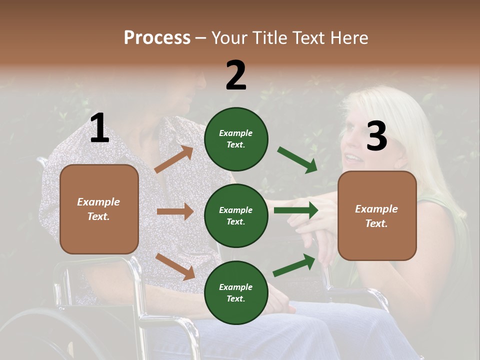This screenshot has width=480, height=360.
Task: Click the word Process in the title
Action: pyautogui.click(x=157, y=38)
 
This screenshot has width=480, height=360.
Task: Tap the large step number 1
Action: pyautogui.click(x=99, y=128)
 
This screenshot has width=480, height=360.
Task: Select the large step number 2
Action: pyautogui.click(x=236, y=75)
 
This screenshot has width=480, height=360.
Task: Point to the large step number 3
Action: pyautogui.click(x=376, y=136)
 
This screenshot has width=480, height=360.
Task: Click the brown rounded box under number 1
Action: pyautogui.click(x=99, y=209)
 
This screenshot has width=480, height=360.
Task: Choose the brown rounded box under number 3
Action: pyautogui.click(x=377, y=216)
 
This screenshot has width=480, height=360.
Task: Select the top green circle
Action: pyautogui.click(x=236, y=139)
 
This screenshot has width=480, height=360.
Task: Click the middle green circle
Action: pyautogui.click(x=236, y=215)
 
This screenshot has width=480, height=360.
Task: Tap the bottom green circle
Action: pyautogui.click(x=236, y=292)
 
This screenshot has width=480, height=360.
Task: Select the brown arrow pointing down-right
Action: pyautogui.click(x=175, y=266)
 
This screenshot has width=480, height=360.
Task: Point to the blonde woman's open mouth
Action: pyautogui.click(x=353, y=158)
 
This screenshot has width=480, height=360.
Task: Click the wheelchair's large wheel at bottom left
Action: pyautogui.click(x=45, y=335)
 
